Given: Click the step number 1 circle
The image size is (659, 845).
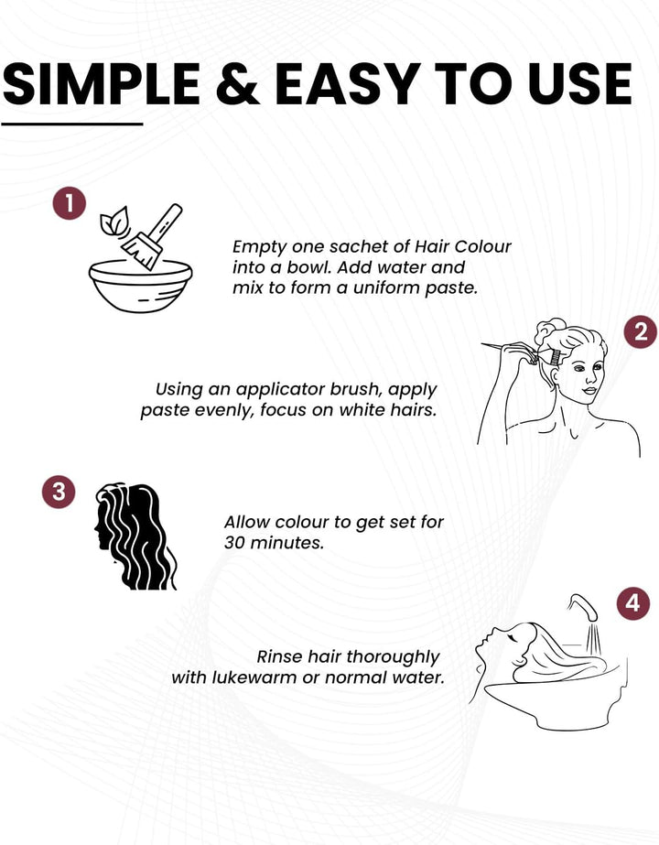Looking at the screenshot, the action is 70,202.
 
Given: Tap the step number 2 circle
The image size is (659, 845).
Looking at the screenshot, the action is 641,331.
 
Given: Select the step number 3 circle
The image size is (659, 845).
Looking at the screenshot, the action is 59,492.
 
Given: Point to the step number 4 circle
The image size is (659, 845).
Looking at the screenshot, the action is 633,602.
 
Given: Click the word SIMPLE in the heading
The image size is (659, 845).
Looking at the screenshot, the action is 102,84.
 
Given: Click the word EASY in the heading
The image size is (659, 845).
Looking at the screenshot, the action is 349,84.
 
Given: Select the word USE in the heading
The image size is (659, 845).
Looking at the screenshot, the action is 579,84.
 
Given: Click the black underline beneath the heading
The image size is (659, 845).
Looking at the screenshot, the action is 72,124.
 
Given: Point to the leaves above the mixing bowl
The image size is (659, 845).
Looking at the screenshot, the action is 114,221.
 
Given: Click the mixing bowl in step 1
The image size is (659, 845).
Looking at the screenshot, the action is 141,286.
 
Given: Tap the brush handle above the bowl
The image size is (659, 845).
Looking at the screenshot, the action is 166,222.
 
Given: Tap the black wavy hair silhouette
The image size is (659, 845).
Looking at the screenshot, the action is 135,536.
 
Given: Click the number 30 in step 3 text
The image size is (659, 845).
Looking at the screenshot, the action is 235,543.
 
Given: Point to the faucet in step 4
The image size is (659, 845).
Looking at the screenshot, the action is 585,607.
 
